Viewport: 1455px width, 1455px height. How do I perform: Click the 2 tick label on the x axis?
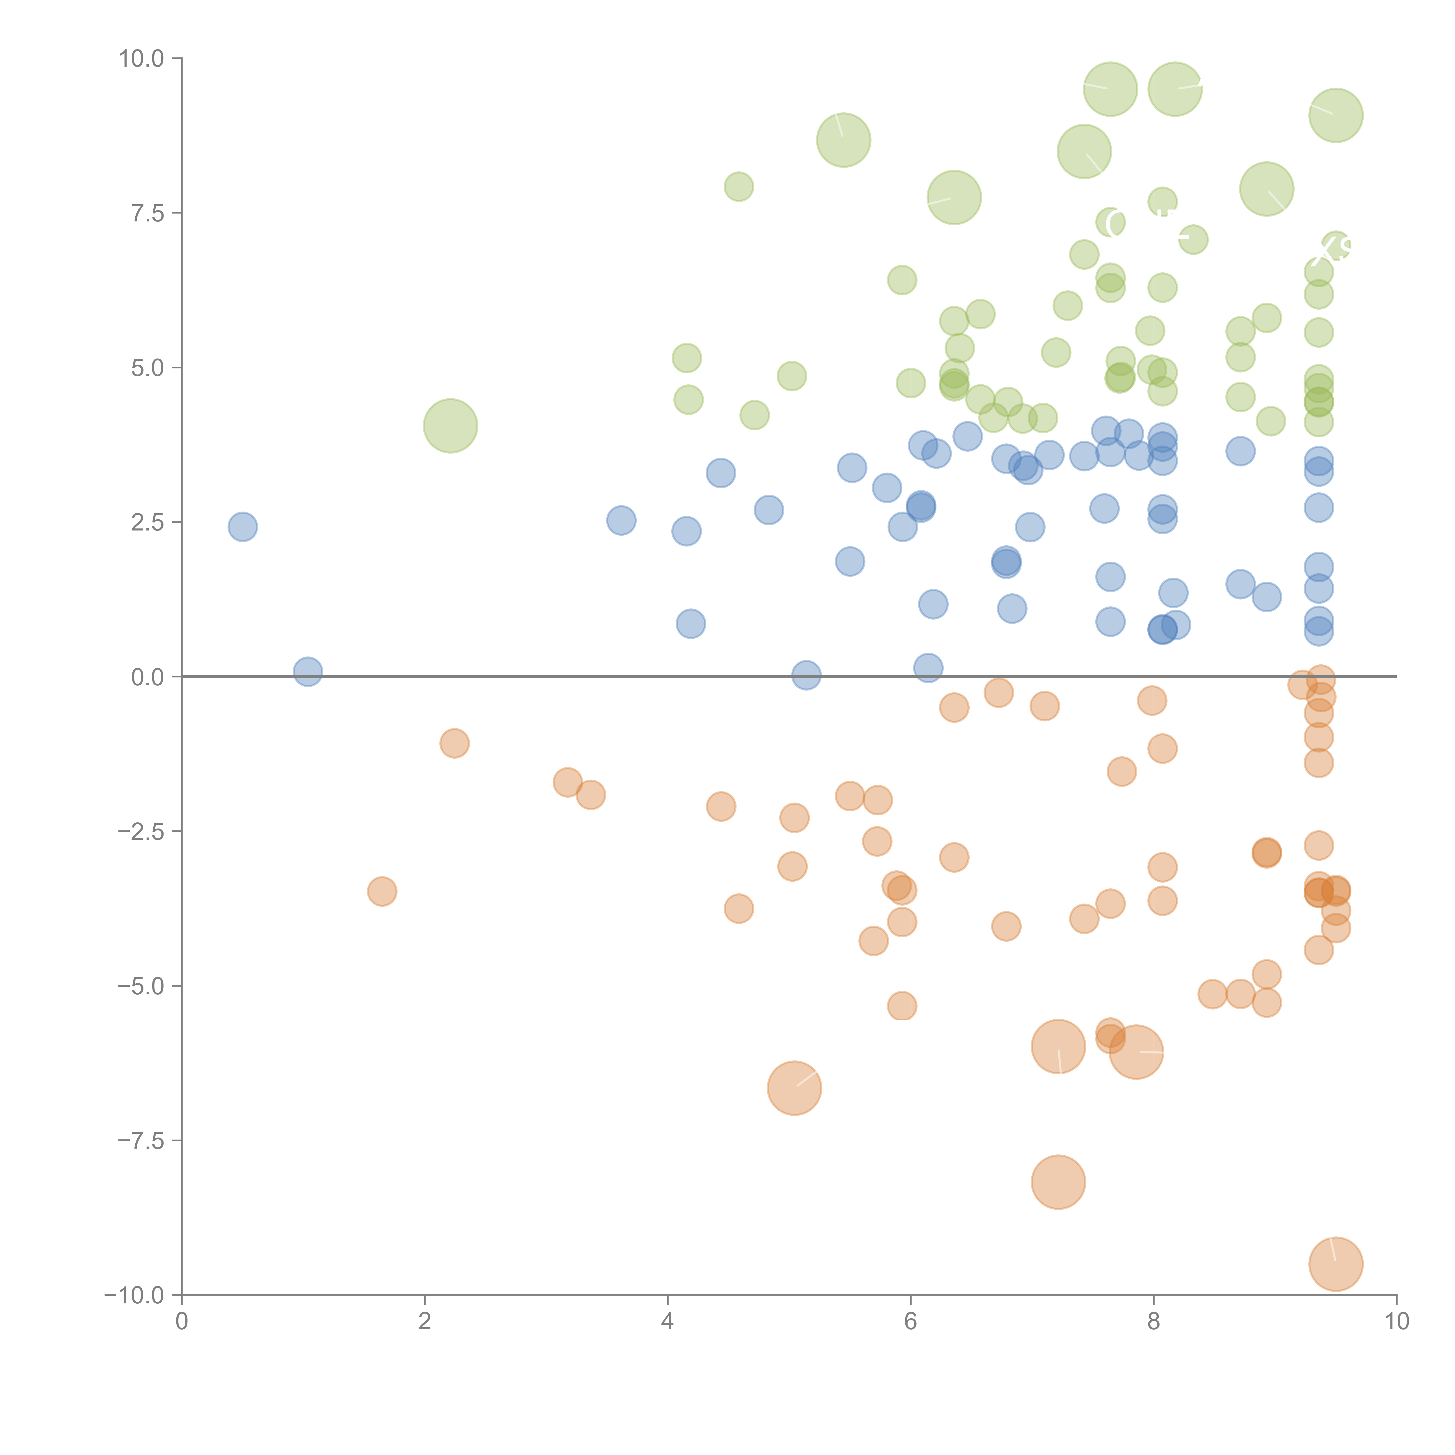(425, 1322)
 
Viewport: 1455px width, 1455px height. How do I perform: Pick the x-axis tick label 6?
(911, 1322)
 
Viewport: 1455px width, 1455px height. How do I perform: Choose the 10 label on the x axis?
(1396, 1322)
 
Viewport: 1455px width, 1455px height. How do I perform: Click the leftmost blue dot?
(242, 526)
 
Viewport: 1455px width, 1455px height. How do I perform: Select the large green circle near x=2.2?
(450, 425)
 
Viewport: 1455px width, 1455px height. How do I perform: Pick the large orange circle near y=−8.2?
(1058, 1182)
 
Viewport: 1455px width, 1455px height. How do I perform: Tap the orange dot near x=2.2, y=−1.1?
(454, 743)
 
